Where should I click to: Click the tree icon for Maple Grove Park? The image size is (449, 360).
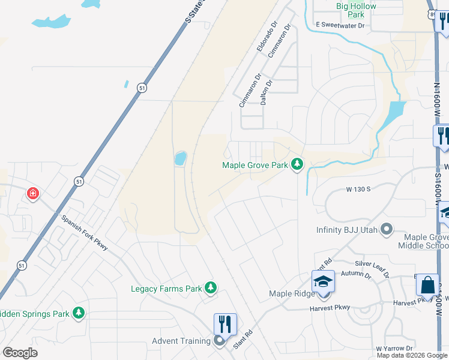click(297, 163)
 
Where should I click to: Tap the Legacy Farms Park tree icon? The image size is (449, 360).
click(210, 289)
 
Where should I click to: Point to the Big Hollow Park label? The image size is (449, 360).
click(356, 10)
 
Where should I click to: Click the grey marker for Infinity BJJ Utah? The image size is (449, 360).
click(387, 229)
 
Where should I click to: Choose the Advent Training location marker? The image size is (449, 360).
click(219, 341)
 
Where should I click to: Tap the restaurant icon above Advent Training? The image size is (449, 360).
click(225, 324)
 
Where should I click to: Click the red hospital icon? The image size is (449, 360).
click(33, 194)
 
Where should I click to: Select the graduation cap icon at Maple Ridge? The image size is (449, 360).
click(322, 281)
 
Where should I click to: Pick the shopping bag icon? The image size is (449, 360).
click(429, 285)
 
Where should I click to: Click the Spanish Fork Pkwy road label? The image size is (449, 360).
click(85, 231)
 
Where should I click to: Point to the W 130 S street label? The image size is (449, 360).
click(358, 189)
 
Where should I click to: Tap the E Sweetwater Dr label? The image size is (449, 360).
click(340, 25)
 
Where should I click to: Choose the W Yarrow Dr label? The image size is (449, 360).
click(394, 348)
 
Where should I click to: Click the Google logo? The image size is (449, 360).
click(20, 352)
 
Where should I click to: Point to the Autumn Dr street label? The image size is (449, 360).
click(356, 274)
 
